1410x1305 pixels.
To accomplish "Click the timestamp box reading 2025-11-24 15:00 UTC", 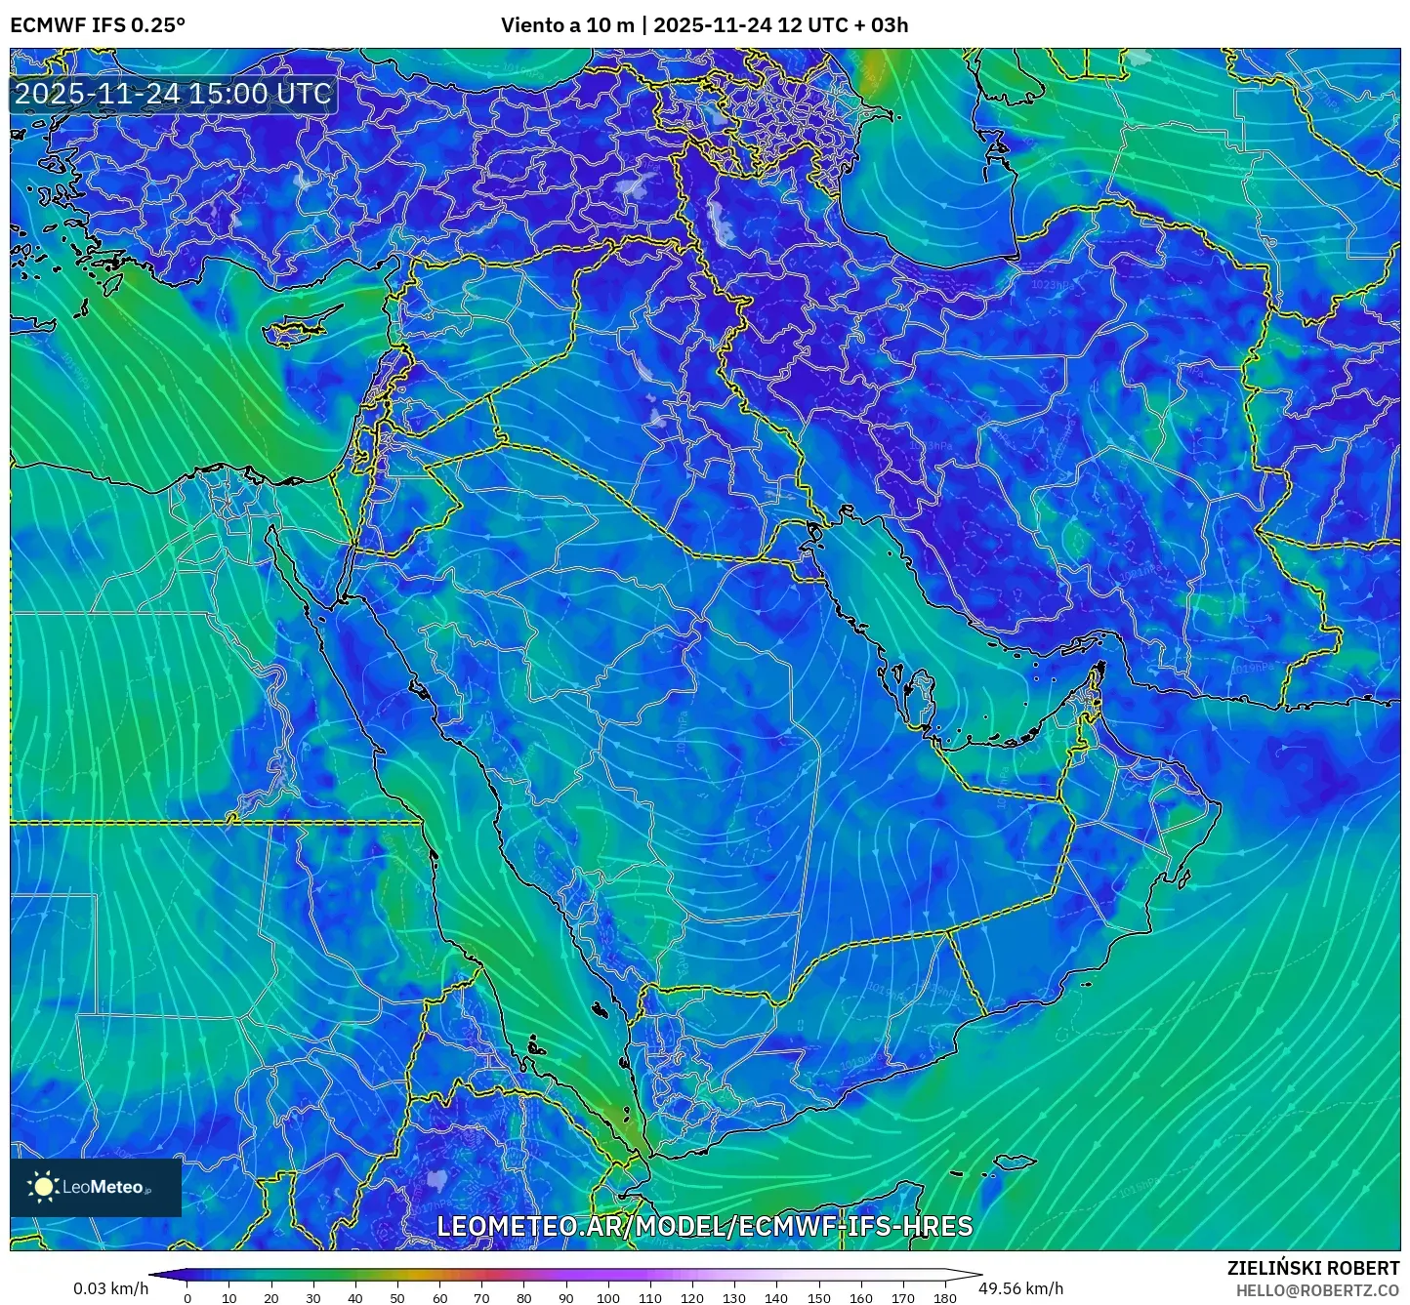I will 173,94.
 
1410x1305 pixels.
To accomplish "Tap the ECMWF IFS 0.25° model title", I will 98,25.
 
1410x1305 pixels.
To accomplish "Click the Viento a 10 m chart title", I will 704,25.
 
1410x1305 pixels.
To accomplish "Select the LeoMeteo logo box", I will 96,1187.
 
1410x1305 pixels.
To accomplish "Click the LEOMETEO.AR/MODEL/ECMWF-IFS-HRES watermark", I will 704,1226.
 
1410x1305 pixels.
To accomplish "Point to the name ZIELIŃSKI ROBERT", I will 1312,1268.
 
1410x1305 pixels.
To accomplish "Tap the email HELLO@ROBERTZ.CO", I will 1317,1290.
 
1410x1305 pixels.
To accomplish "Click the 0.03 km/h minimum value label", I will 110,1288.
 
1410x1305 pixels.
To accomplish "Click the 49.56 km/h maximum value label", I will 1020,1288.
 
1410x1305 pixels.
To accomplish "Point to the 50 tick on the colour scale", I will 397,1297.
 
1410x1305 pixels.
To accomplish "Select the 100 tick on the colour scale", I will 608,1297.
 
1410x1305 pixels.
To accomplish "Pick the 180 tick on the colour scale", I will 944,1297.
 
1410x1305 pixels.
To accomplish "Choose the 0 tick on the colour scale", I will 187,1297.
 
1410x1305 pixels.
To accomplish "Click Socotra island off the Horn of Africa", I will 1016,1162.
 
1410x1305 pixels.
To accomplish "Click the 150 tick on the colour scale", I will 818,1297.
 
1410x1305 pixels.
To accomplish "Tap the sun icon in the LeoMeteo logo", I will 44,1187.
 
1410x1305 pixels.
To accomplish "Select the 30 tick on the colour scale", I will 313,1297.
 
